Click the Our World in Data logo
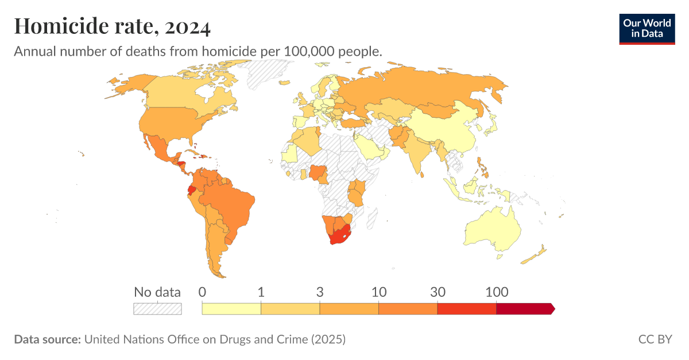click(647, 28)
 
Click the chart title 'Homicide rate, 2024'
click(112, 26)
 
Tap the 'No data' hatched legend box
click(157, 309)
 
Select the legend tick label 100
click(496, 292)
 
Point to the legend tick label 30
click(438, 292)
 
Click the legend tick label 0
click(202, 292)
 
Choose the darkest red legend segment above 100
click(524, 309)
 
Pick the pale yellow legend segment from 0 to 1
click(231, 309)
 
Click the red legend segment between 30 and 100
click(466, 309)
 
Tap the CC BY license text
click(655, 339)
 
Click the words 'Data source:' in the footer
click(47, 339)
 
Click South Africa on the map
click(339, 235)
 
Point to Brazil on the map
click(233, 207)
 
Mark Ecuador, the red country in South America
click(192, 190)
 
